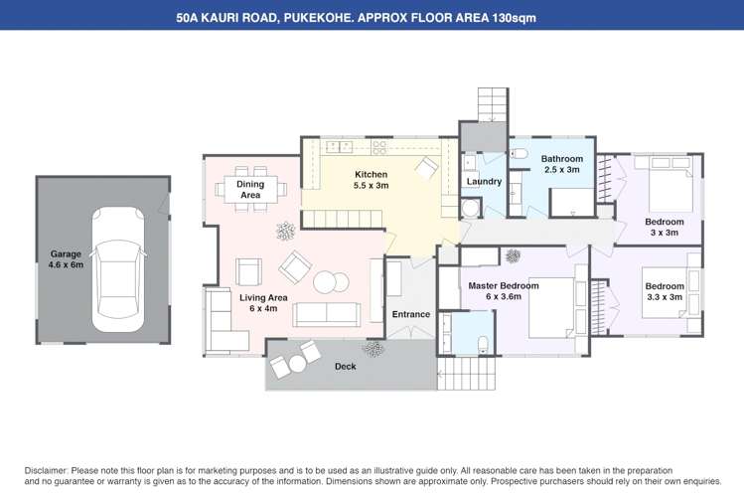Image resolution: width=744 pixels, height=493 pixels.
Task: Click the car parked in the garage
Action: coord(118,269)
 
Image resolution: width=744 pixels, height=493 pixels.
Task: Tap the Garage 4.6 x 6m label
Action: coord(67,259)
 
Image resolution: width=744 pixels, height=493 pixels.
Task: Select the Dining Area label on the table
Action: coord(250,189)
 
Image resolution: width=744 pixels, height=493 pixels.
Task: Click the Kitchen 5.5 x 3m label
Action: coord(372,180)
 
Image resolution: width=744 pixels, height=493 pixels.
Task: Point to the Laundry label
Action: coord(484,182)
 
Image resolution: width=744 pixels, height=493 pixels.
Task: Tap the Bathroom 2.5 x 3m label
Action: coord(561,164)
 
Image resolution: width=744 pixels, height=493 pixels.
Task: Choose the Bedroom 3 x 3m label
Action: coord(665,227)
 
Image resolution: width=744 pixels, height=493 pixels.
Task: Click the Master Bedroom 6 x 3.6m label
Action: coord(504,291)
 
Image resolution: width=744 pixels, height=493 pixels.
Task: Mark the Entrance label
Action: coord(410,315)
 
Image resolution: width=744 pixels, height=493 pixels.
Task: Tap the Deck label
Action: coord(345,367)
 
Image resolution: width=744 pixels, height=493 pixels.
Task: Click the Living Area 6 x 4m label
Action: coord(263,302)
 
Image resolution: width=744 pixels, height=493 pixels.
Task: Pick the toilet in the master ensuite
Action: coord(482,343)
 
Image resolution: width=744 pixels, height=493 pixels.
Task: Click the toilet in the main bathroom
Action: coord(518,154)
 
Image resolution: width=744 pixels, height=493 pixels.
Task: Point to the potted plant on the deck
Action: coord(374,349)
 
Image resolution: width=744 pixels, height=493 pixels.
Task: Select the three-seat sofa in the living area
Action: coord(327,314)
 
